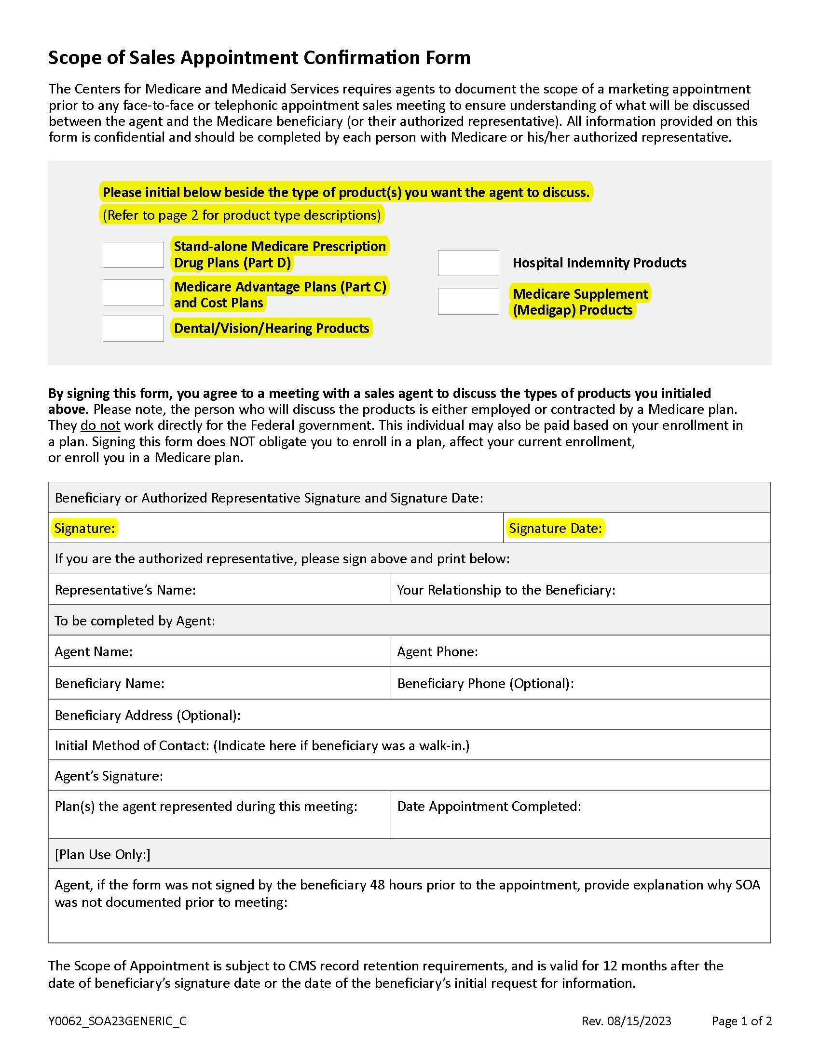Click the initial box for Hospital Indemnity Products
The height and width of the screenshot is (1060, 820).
tap(468, 263)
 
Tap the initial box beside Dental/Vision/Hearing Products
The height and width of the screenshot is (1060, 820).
tap(133, 329)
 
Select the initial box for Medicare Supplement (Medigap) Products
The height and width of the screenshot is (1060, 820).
tap(468, 302)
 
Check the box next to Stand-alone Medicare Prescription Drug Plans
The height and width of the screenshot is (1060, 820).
tap(133, 255)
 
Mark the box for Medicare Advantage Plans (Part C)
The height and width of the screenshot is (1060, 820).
tap(133, 292)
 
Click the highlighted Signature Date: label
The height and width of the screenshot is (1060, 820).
tap(555, 528)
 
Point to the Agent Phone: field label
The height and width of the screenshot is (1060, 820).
tap(437, 651)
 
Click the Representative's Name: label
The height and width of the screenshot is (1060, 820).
tap(125, 590)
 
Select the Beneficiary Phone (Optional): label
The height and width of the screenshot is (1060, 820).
tap(485, 683)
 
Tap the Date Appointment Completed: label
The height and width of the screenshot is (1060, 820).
tap(489, 806)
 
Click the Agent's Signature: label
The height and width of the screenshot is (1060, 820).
tap(109, 776)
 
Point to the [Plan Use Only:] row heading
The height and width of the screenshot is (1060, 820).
tap(102, 854)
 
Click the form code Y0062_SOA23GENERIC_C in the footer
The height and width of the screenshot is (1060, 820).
tap(117, 1021)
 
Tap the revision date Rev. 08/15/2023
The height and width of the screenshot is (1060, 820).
tap(626, 1021)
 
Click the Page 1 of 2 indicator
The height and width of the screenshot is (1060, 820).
tap(741, 1021)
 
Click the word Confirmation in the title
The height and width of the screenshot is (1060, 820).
tap(362, 58)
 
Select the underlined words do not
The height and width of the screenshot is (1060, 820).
tap(100, 425)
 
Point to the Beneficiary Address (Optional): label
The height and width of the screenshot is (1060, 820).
tap(147, 715)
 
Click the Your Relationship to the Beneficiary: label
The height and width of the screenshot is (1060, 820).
tap(506, 590)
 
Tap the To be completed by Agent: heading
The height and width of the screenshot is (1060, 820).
tap(135, 621)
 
